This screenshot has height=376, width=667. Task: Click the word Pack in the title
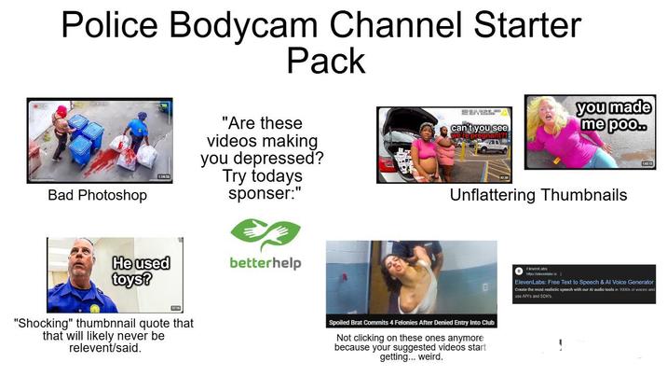(325, 61)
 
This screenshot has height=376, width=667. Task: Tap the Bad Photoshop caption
(97, 197)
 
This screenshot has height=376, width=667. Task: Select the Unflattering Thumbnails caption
(538, 196)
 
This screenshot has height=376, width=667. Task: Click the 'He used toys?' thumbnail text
(141, 271)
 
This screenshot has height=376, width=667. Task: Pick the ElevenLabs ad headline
(581, 282)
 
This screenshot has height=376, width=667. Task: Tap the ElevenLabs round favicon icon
(518, 271)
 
